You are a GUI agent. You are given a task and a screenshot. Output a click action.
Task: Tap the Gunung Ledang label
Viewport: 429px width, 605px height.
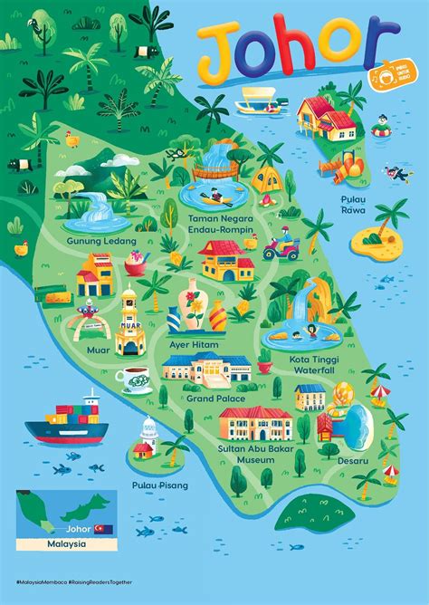pyautogui.click(x=101, y=242)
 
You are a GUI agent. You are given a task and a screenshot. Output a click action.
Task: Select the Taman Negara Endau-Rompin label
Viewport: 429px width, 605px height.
pyautogui.click(x=222, y=224)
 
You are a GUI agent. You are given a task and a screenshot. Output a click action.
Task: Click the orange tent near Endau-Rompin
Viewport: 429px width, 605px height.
pyautogui.click(x=265, y=180)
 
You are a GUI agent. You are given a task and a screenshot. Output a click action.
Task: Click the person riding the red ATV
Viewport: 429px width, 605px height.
pyautogui.click(x=288, y=245)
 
